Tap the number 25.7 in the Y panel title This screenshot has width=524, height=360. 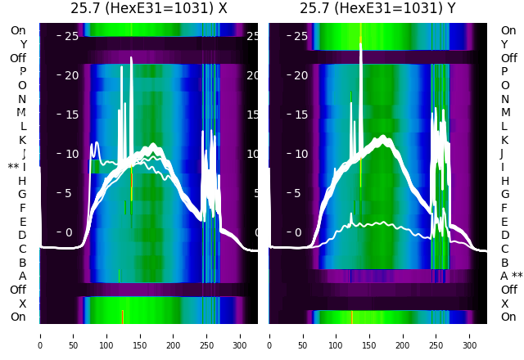tap(314, 8)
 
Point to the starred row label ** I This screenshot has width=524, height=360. tap(17, 167)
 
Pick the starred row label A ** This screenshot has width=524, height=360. tap(511, 276)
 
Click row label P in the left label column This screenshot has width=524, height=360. tap(23, 71)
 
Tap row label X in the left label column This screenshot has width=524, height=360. tap(23, 304)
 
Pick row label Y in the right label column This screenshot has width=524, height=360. tap(504, 44)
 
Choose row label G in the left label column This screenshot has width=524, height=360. tap(23, 194)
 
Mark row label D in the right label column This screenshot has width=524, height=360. tap(504, 235)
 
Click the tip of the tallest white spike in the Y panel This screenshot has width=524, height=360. tap(361, 43)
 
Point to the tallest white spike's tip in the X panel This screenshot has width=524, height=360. tap(132, 57)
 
